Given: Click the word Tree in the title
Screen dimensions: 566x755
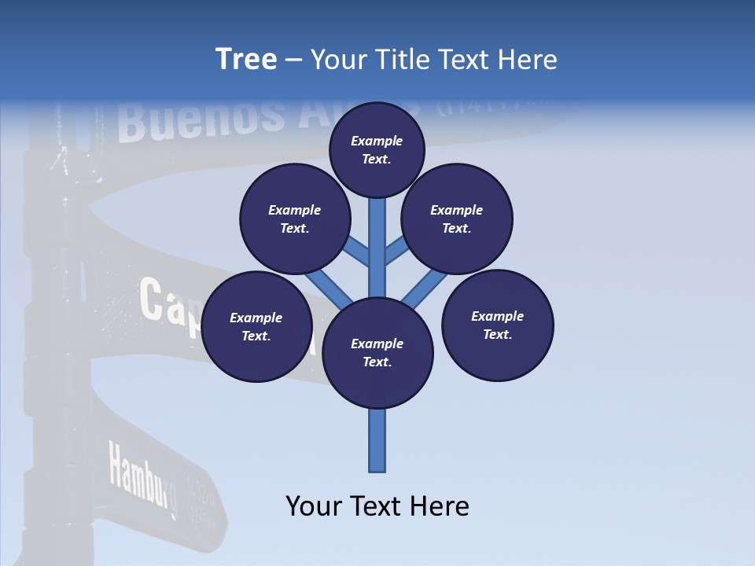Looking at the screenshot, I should point(246,60).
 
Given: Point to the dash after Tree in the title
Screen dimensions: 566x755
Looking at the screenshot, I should point(293,61).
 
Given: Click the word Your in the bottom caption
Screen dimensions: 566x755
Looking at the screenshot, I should point(314,505).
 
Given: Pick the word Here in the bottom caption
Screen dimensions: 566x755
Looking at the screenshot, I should point(439,505).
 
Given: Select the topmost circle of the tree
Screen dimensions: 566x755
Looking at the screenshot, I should point(377,149).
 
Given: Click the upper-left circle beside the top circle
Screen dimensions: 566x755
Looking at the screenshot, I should point(295,219).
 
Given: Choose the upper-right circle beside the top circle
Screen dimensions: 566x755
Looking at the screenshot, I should point(457,219).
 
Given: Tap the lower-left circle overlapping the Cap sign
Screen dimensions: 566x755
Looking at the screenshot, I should point(256,326).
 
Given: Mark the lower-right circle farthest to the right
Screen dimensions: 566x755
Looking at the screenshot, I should point(497,325).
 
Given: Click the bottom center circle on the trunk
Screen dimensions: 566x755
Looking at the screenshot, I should point(377,353).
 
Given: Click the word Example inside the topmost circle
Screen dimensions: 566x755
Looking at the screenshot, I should point(377,141).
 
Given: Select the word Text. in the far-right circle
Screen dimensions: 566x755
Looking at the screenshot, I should point(497,334).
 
